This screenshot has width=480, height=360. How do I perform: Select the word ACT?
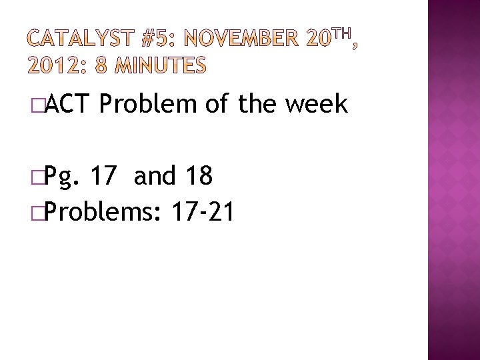(71, 105)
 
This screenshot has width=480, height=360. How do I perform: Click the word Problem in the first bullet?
(151, 105)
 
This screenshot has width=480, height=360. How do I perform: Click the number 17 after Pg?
(105, 177)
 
